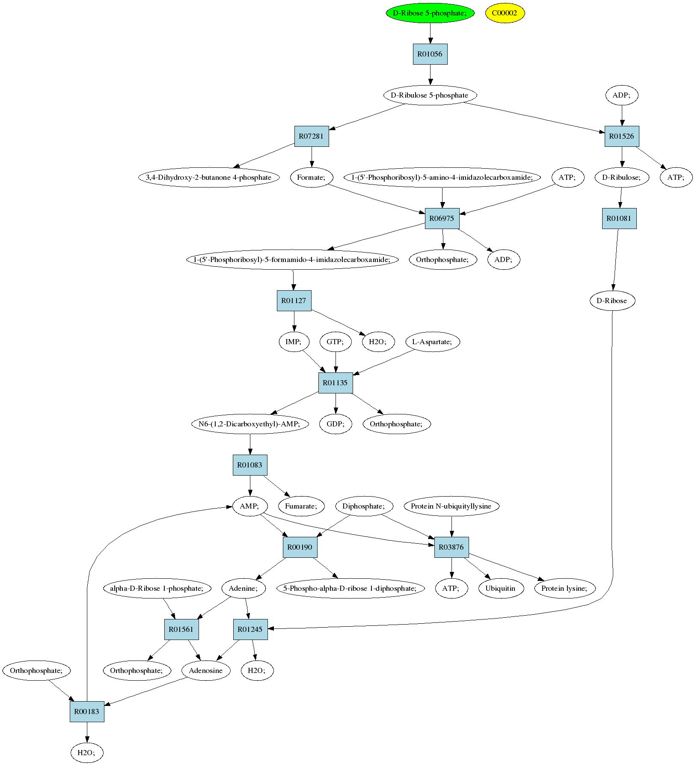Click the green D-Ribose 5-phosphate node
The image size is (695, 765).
[x=430, y=13]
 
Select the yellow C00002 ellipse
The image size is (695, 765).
[x=505, y=13]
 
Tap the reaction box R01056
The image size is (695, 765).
[x=430, y=54]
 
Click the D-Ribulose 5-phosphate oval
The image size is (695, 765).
[x=430, y=95]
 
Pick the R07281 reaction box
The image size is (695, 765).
[x=312, y=136]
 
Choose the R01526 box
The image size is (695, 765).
[x=622, y=136]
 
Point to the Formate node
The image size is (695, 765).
[x=312, y=177]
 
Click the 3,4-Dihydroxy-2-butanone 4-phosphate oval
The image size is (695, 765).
[x=209, y=177]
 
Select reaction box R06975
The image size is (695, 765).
[x=442, y=218]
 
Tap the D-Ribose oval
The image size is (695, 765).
[x=612, y=301]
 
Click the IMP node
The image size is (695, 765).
[x=294, y=342]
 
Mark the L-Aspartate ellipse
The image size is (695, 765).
[x=433, y=342]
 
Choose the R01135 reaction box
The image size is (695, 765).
[x=336, y=383]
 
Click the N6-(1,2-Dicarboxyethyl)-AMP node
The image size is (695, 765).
[x=250, y=424]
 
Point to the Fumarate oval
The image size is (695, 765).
[x=302, y=506]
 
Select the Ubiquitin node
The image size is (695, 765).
[x=500, y=588]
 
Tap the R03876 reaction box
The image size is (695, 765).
[x=451, y=547]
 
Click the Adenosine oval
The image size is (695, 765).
[x=206, y=670]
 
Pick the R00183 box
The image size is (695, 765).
[x=87, y=711]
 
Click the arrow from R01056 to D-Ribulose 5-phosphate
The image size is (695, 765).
[x=430, y=74]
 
